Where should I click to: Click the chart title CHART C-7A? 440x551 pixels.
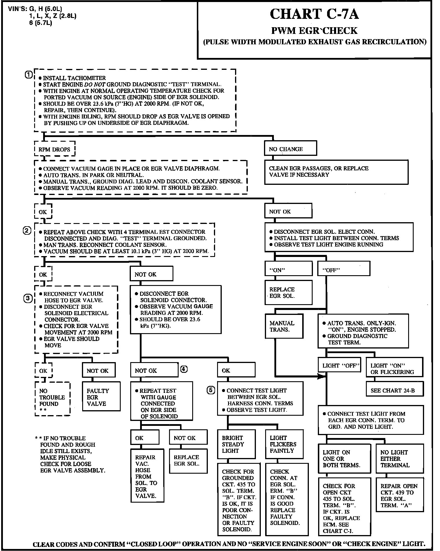click(314, 14)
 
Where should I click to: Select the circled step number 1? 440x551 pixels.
click(28, 74)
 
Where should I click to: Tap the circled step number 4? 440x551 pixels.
click(184, 369)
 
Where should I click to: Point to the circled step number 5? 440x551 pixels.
click(211, 390)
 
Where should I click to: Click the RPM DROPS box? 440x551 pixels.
click(54, 149)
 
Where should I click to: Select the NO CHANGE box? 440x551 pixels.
click(290, 149)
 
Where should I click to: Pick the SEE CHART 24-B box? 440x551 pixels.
click(395, 390)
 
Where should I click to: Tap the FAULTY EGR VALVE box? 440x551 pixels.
click(101, 397)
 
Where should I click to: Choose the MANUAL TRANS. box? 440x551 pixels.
click(284, 326)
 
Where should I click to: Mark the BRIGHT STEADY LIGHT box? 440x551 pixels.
click(236, 444)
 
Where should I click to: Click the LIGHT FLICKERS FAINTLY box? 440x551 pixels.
click(284, 444)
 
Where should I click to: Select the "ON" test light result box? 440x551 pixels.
click(288, 270)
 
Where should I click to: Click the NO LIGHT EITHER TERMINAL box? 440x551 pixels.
click(399, 459)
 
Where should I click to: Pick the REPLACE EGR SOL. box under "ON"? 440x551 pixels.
click(288, 293)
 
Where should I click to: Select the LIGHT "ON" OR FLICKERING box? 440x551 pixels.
click(394, 369)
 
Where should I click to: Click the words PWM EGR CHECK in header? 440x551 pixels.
click(314, 30)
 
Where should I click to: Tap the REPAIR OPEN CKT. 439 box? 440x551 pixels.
click(399, 496)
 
